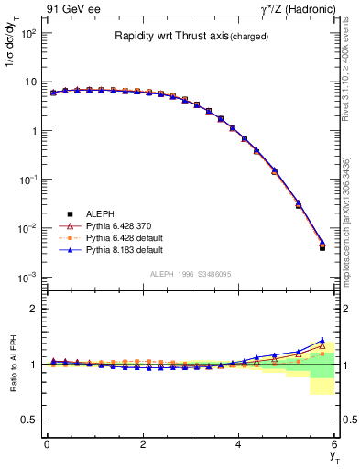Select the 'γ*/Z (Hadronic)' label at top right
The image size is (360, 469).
294,9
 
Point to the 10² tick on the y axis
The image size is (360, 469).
27,33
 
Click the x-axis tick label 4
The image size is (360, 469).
238,444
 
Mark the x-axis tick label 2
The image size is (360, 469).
142,444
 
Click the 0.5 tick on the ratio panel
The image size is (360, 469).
30,420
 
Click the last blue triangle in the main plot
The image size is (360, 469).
322,243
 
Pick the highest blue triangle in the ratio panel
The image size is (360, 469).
322,340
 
